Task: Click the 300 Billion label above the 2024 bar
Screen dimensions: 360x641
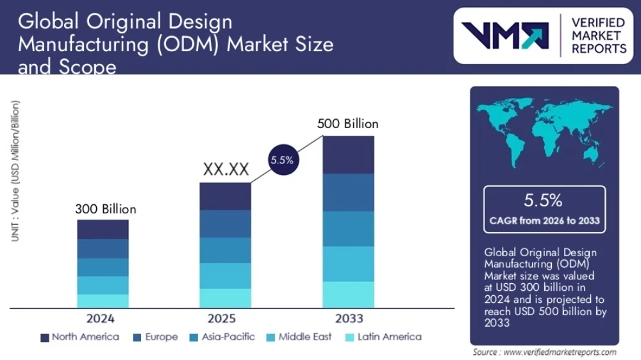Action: pyautogui.click(x=106, y=209)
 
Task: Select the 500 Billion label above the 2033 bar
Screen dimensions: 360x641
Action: pyautogui.click(x=347, y=124)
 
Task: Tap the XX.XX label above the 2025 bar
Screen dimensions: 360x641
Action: pyautogui.click(x=226, y=170)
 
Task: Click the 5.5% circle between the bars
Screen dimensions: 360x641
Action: pyautogui.click(x=282, y=160)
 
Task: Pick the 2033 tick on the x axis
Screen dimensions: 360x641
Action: pyautogui.click(x=349, y=318)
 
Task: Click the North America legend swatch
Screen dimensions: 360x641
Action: pyautogui.click(x=45, y=338)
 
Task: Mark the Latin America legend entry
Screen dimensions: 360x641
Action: pyautogui.click(x=383, y=337)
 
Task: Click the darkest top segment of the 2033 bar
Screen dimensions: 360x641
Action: pyautogui.click(x=348, y=154)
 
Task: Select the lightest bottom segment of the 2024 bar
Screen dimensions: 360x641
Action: pyautogui.click(x=103, y=300)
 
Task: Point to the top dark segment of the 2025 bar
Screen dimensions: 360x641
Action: pyautogui.click(x=225, y=196)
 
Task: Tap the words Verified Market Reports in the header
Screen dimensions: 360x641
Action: pyautogui.click(x=599, y=35)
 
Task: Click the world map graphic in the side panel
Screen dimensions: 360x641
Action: pyautogui.click(x=544, y=131)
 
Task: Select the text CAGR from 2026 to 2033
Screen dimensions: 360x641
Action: pyautogui.click(x=544, y=220)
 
